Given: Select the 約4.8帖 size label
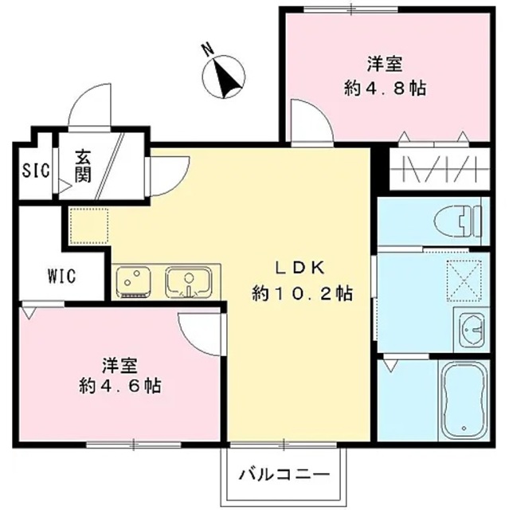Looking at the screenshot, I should click(385, 88).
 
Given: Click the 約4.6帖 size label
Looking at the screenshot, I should click(121, 387).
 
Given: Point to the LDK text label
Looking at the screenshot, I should click(300, 268).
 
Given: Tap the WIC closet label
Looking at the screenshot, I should click(61, 277).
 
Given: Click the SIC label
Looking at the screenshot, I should click(35, 170).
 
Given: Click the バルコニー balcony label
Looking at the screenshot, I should click(284, 476).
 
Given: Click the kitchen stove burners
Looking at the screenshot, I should click(135, 281).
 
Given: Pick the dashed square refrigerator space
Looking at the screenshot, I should click(83, 222).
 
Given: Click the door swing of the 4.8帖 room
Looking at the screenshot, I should click(311, 122).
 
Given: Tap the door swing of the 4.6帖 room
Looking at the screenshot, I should click(199, 329).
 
